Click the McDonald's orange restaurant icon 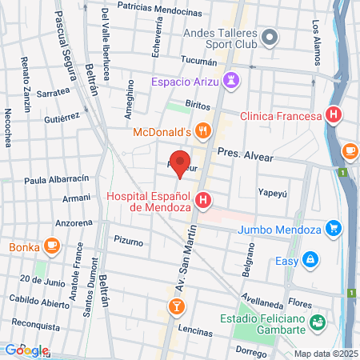pyautogui.click(x=204, y=131)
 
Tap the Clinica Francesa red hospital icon pyautogui.click(x=334, y=115)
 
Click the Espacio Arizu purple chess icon pyautogui.click(x=232, y=80)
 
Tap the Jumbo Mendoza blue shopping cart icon pyautogui.click(x=335, y=229)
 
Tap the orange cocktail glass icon pyautogui.click(x=174, y=306)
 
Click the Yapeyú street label pyautogui.click(x=270, y=192)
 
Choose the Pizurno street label pyautogui.click(x=128, y=241)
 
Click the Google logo pyautogui.click(x=26, y=350)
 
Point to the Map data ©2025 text pyautogui.click(x=325, y=353)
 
